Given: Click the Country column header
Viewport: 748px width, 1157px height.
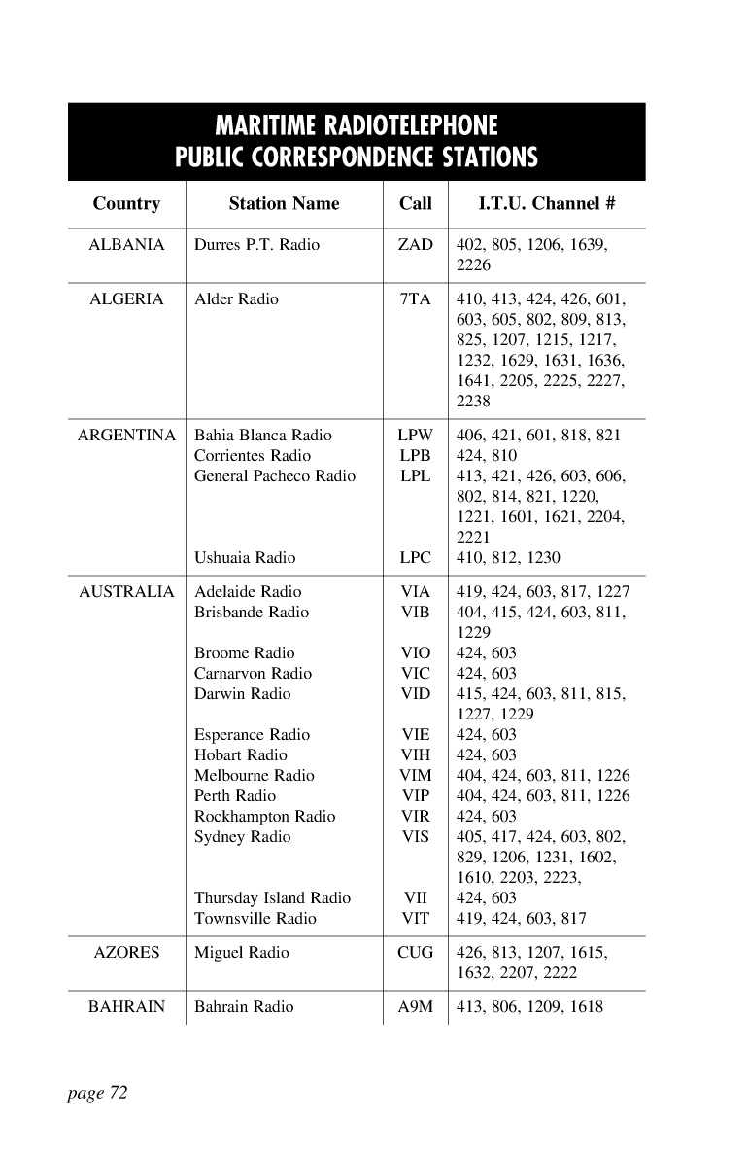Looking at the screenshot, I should [126, 204].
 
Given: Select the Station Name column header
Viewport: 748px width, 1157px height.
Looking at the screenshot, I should [284, 204].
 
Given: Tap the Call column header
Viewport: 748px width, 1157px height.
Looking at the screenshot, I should [416, 204].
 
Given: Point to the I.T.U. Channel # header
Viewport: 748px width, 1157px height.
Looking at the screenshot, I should [547, 204].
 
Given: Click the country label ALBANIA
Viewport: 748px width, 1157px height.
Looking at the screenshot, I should [126, 245].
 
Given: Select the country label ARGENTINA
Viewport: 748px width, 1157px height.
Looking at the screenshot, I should [126, 436].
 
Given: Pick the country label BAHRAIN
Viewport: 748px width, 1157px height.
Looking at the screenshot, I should [126, 1007].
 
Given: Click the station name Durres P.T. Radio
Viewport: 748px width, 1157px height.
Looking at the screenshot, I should [256, 245].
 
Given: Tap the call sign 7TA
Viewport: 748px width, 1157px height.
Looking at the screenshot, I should [416, 299].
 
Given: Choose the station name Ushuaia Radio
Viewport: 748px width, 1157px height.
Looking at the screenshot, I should [245, 558].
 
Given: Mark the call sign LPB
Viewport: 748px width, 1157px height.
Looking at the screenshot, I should [416, 456].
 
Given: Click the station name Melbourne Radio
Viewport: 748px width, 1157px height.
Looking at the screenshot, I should [255, 776].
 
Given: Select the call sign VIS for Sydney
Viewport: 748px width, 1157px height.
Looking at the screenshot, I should [416, 837].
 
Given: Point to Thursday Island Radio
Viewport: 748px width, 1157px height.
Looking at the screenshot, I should [272, 898].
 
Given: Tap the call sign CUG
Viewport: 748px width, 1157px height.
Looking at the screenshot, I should [416, 953].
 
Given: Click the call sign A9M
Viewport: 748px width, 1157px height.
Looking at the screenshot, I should [416, 1007].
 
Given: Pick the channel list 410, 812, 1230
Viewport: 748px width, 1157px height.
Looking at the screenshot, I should [508, 558].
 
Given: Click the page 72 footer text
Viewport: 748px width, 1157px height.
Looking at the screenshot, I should [97, 1094].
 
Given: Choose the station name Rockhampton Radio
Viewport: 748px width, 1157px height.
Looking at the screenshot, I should [264, 817].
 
